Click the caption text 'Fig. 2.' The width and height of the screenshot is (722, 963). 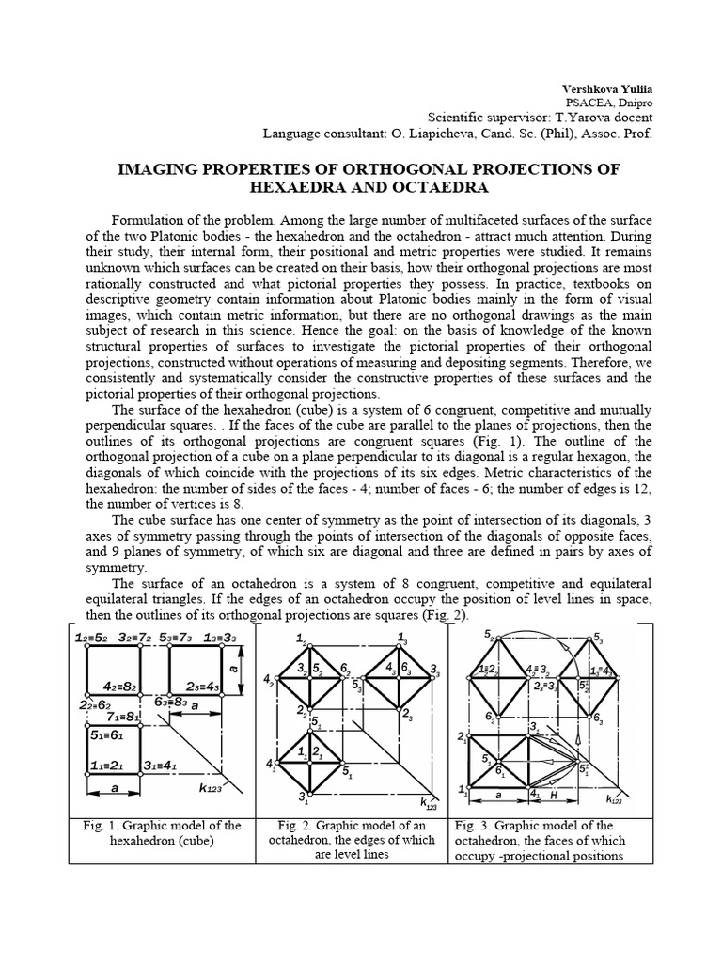click(290, 826)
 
